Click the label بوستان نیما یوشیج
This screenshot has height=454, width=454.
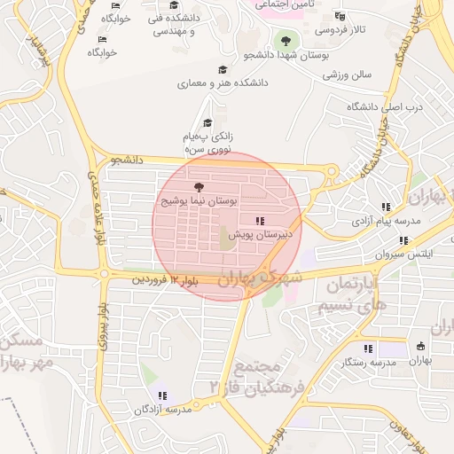(200, 202)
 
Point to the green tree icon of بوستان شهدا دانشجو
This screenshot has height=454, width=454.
(285, 40)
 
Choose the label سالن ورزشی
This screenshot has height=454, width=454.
(347, 75)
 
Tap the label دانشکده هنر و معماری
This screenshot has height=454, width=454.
(222, 84)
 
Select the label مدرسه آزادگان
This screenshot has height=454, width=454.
(162, 411)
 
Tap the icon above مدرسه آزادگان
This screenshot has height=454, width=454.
(161, 395)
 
